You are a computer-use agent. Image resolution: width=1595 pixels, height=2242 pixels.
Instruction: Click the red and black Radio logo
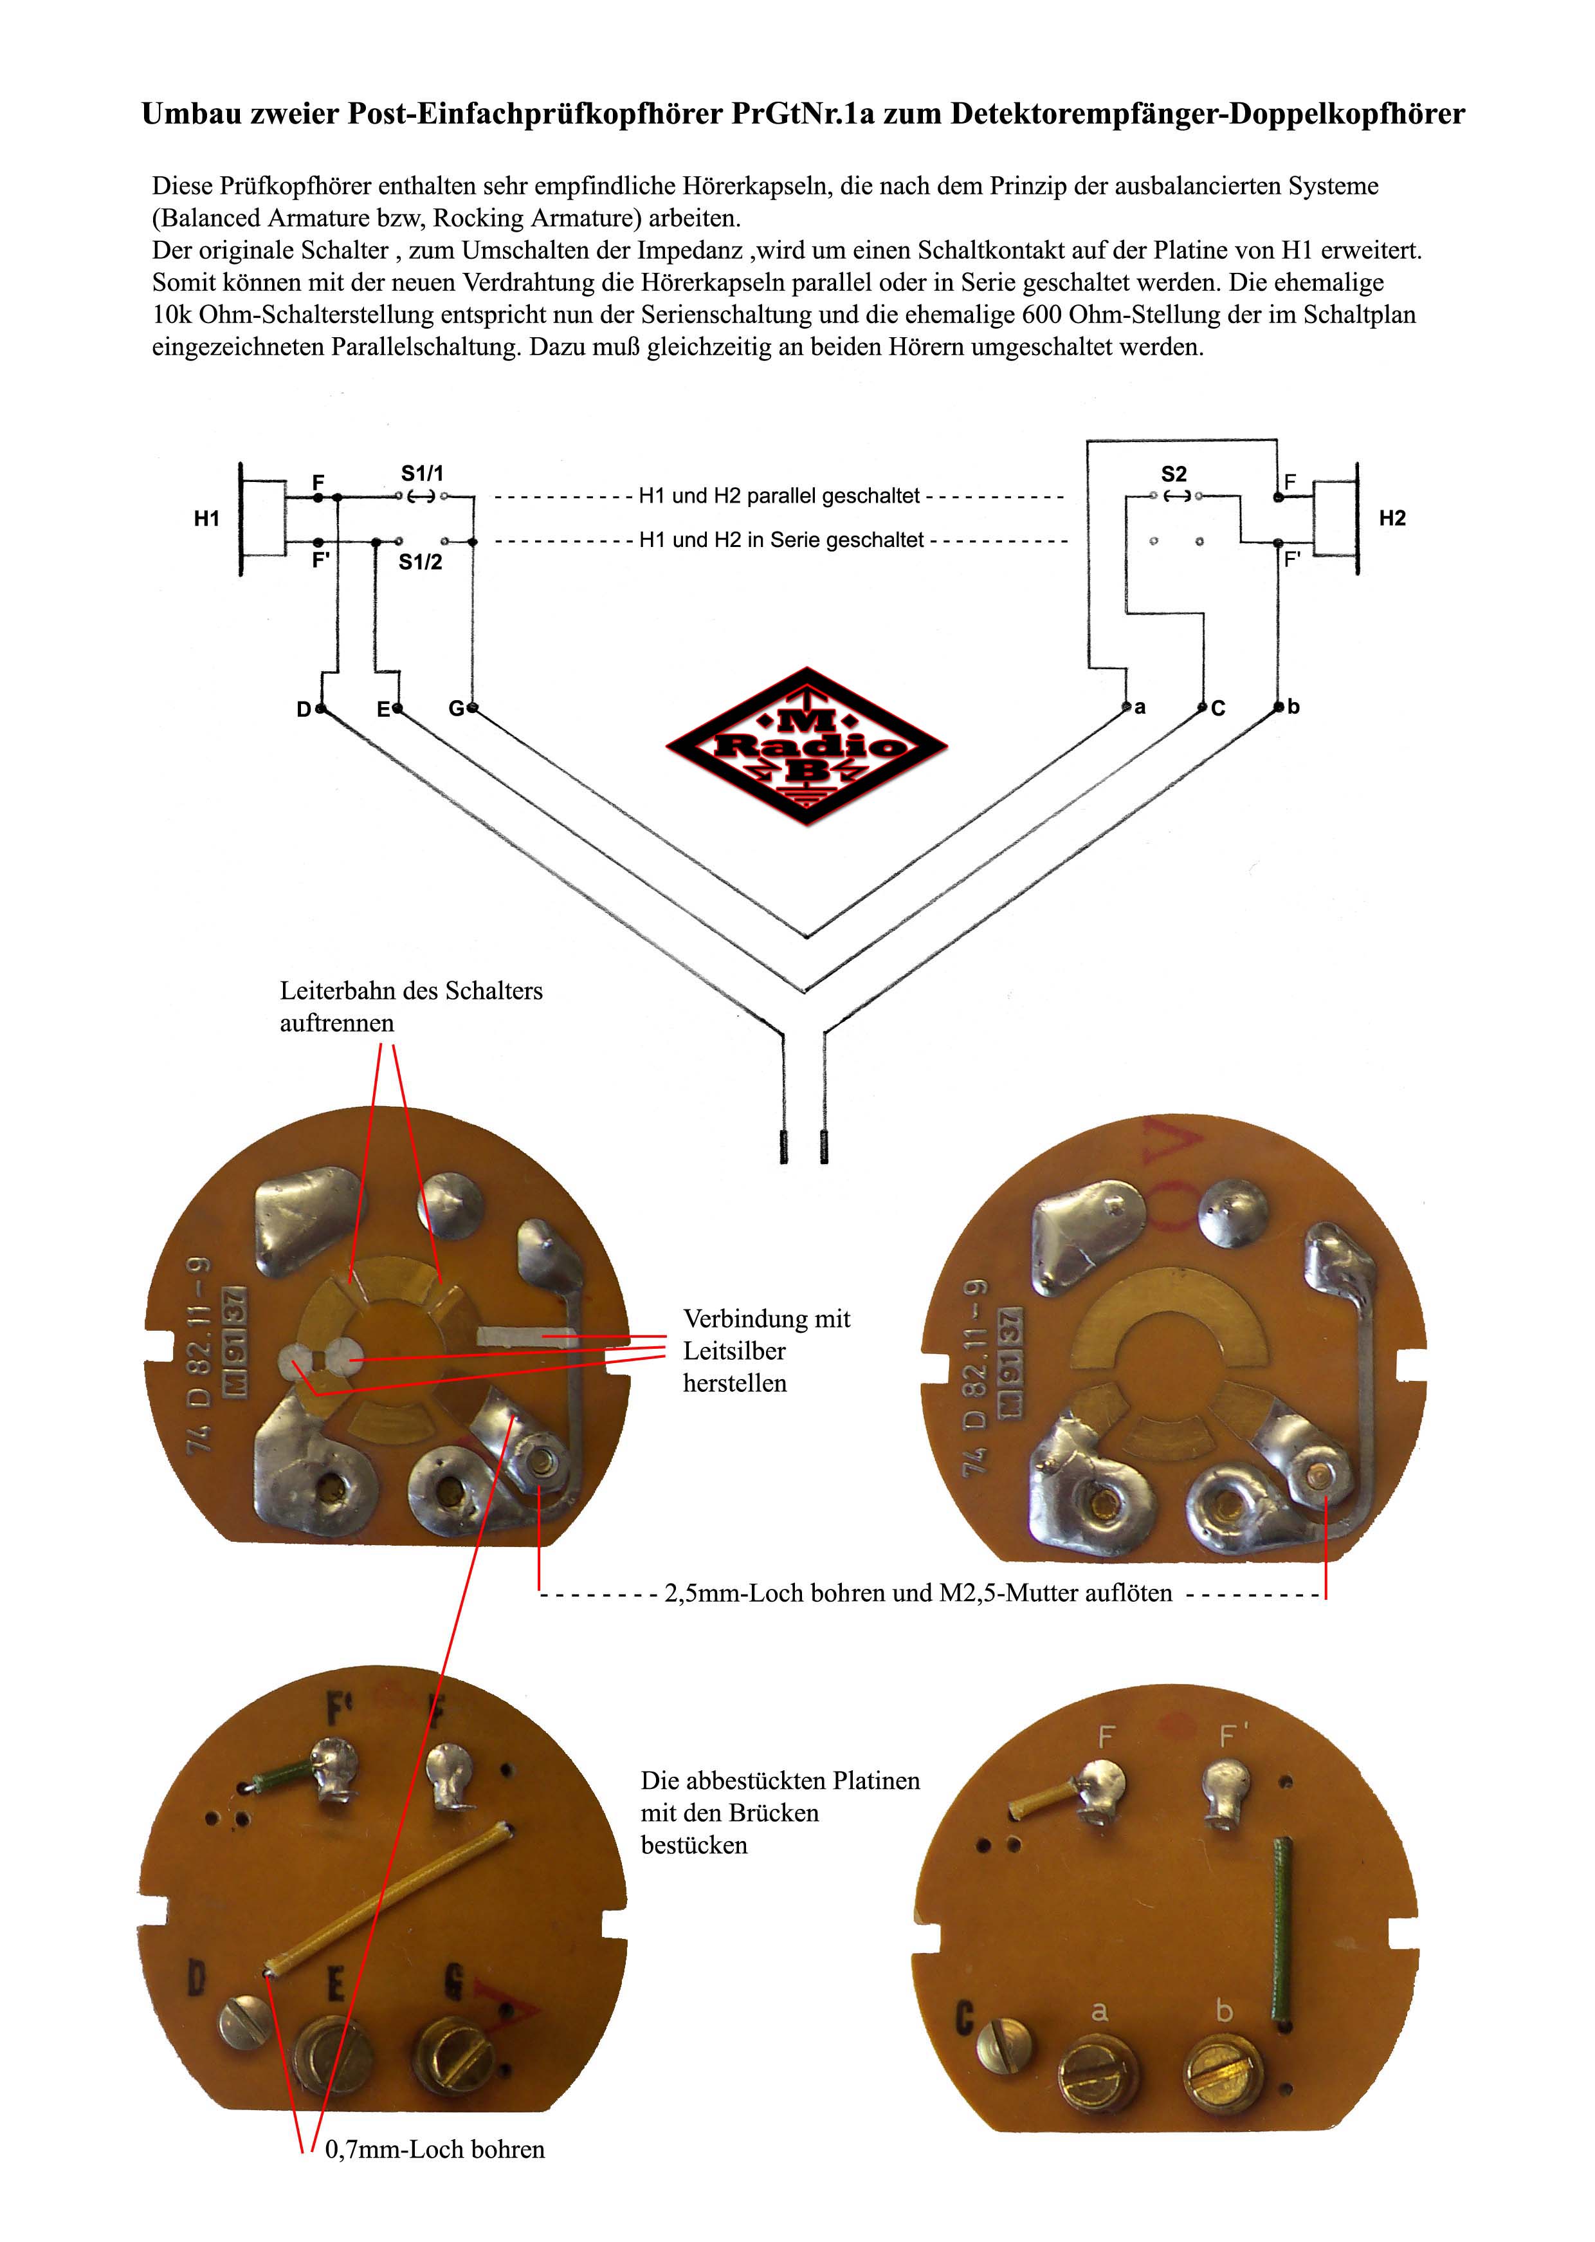click(807, 746)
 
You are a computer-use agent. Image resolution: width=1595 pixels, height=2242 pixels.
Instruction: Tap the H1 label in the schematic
click(206, 519)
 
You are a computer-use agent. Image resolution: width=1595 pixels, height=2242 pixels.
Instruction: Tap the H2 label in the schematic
click(1392, 519)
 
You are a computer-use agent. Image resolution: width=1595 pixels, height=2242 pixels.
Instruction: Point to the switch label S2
click(1174, 474)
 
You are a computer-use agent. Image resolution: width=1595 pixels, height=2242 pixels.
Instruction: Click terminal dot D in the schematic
click(321, 709)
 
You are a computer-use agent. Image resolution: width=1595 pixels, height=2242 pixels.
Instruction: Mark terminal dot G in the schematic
click(473, 709)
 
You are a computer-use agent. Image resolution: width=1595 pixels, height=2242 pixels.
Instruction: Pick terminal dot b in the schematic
click(1278, 707)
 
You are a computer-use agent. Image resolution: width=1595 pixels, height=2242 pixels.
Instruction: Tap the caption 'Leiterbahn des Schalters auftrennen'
click(410, 1006)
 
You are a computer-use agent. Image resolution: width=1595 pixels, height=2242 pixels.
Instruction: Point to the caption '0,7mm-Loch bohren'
click(434, 2149)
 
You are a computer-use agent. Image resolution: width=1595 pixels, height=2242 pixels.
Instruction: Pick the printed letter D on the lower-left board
click(196, 1978)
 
